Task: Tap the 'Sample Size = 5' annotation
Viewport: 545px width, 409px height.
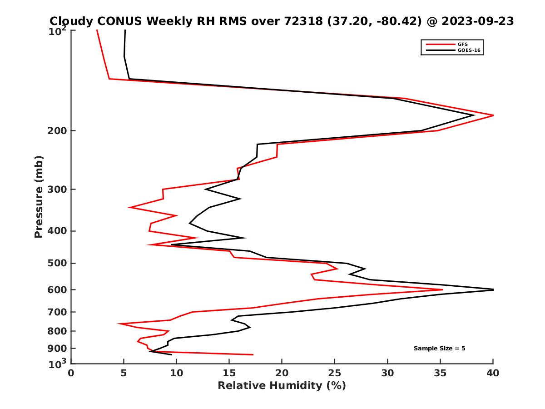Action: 439,349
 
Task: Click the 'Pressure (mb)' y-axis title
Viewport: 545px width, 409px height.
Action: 39,196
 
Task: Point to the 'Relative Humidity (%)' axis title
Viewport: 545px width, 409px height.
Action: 282,386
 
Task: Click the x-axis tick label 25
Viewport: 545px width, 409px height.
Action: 335,373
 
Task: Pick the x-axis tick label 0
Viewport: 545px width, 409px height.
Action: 71,373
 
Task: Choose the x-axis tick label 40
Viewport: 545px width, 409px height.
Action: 493,373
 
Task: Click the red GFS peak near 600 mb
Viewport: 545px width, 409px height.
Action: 442,289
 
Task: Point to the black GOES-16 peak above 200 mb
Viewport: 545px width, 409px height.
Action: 474,115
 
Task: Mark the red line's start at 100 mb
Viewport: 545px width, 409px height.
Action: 97,30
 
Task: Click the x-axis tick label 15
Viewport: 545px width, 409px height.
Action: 229,373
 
